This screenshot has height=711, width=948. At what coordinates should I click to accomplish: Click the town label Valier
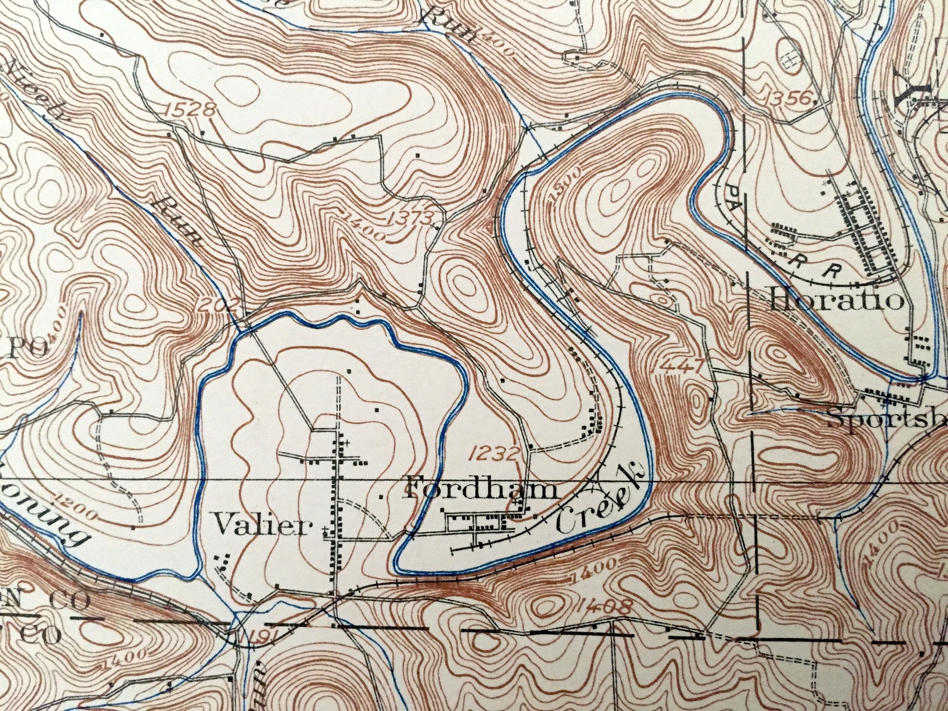point(263,526)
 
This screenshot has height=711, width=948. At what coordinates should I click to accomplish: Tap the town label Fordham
point(481,489)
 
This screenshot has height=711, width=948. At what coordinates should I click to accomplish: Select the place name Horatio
point(836,298)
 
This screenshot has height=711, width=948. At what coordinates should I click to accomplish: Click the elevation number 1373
point(409,218)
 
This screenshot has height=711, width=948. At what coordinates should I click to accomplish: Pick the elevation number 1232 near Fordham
point(494,454)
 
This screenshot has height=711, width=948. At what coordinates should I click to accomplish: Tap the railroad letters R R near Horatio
point(810,264)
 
